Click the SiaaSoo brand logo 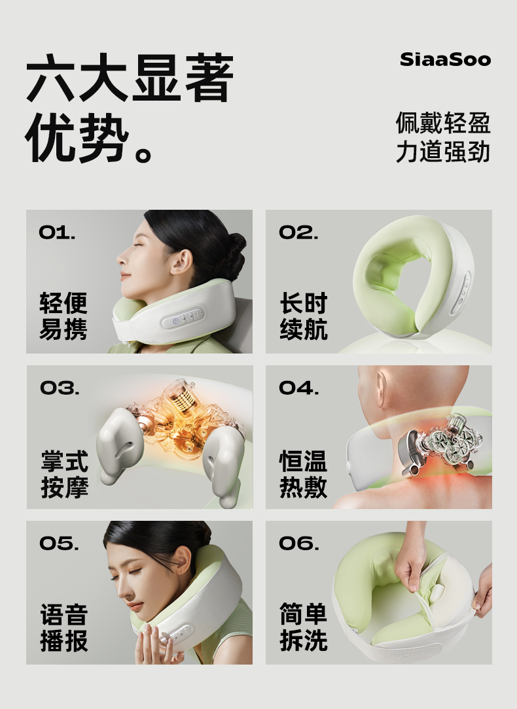(446, 59)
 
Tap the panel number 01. (57, 233)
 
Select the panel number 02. (298, 233)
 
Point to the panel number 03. (60, 388)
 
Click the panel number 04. (299, 388)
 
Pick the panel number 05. (59, 544)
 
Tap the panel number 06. (299, 544)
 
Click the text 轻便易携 (63, 316)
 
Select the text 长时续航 (304, 316)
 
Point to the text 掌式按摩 (64, 474)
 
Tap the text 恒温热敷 (303, 474)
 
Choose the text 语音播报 (64, 627)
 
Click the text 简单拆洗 (303, 627)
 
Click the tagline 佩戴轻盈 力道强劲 (443, 137)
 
